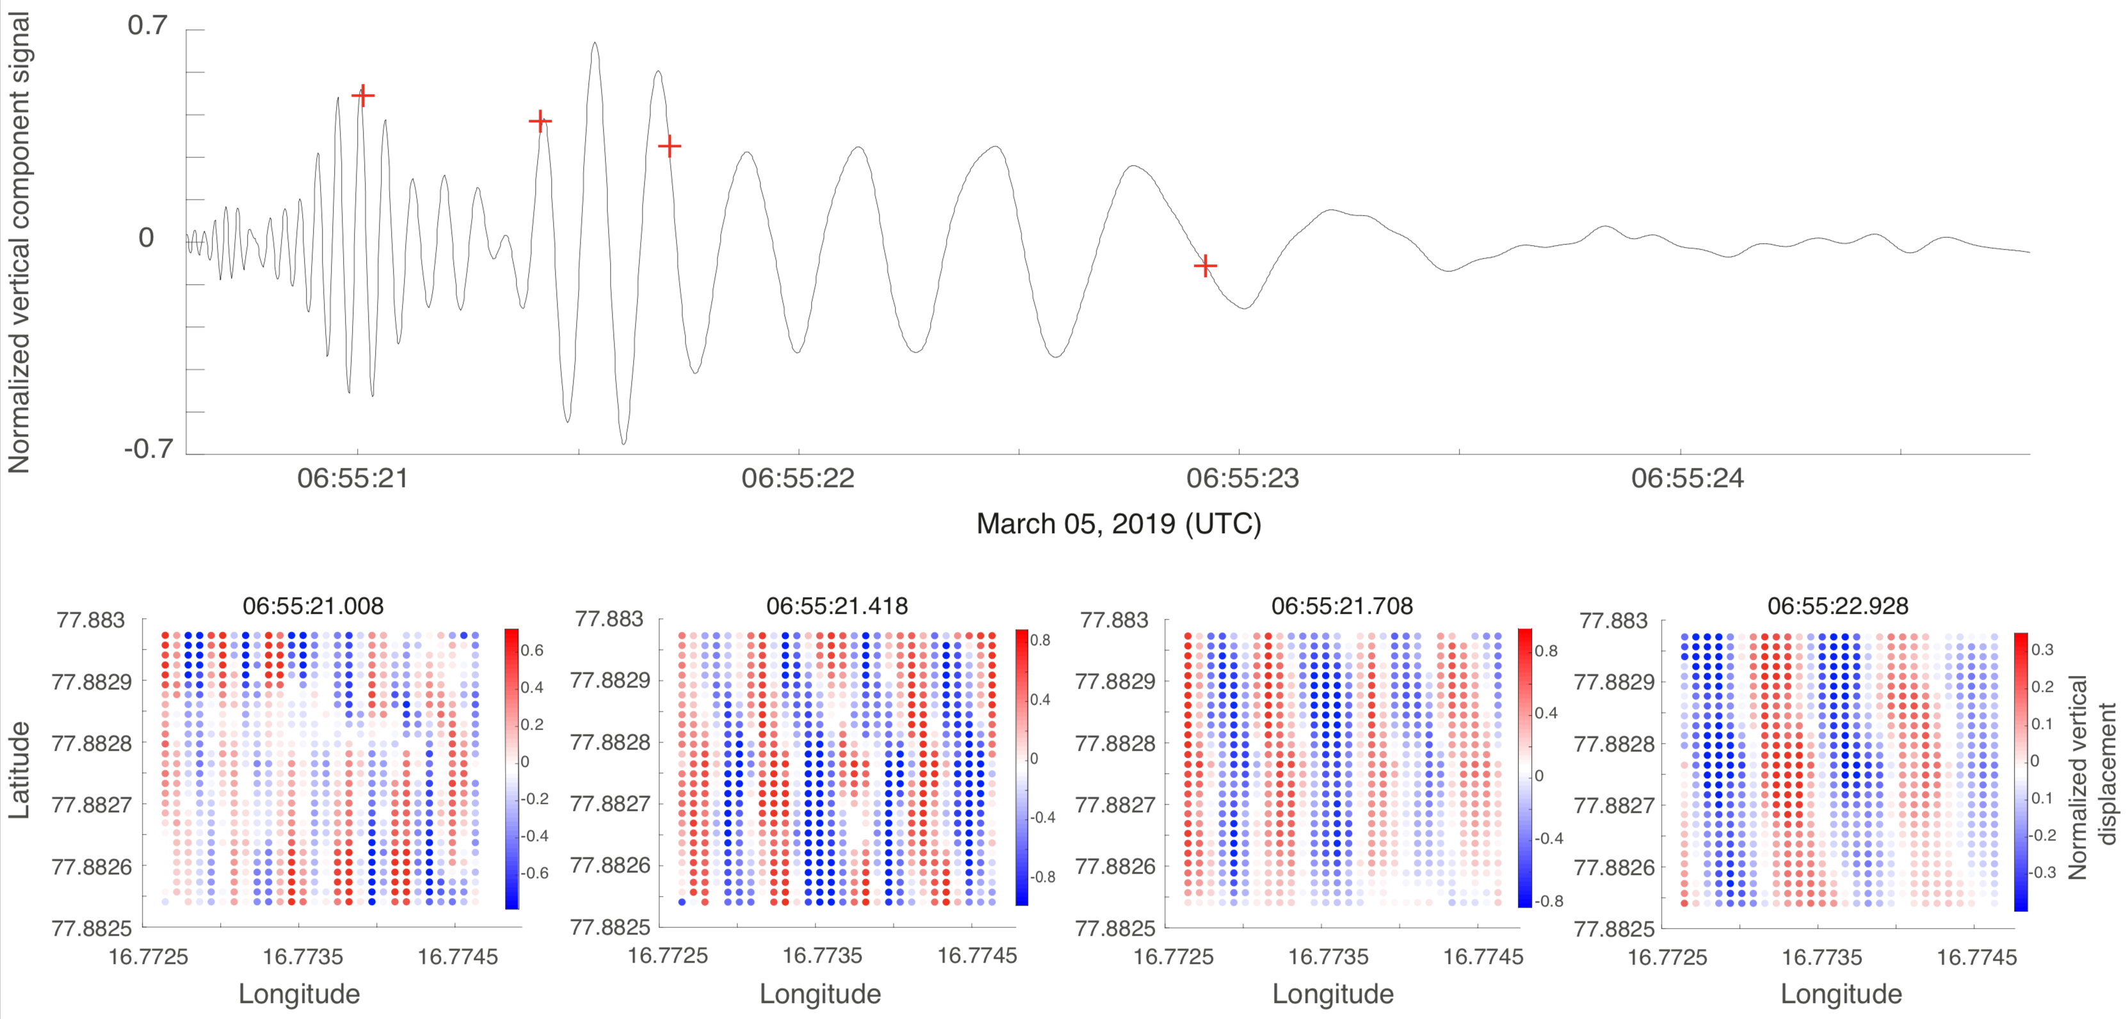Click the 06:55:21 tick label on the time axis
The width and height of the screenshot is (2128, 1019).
point(353,478)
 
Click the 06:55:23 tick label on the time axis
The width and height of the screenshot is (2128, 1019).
point(1243,478)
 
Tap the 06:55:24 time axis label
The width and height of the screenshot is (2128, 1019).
point(1687,478)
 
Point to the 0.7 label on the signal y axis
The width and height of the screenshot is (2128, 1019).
point(147,26)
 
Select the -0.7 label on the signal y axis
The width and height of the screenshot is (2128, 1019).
point(149,449)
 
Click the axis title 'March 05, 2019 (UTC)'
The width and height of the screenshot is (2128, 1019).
point(1118,524)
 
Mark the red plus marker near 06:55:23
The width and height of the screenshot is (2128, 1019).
point(1205,266)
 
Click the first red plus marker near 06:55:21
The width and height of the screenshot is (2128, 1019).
point(362,96)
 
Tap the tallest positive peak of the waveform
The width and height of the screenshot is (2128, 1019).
point(595,44)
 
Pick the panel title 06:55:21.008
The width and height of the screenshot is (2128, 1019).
point(313,606)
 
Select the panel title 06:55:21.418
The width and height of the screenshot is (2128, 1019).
point(837,606)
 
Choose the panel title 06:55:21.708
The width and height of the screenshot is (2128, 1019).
point(1342,606)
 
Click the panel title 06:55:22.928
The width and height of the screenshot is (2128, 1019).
point(1838,606)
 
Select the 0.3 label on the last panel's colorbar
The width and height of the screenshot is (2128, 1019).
point(2042,650)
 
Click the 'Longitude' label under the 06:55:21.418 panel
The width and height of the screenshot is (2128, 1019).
point(820,993)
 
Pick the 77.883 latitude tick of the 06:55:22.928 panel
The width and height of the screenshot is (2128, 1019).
point(1613,620)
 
